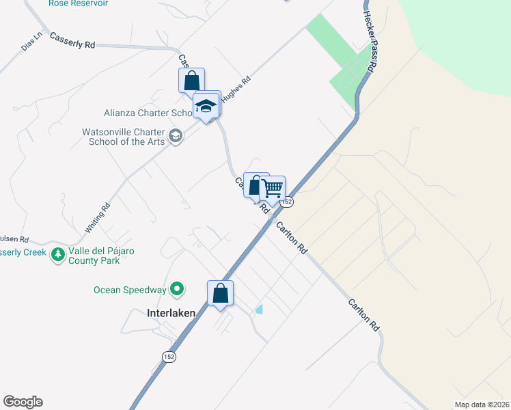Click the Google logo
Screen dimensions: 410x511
(x=23, y=402)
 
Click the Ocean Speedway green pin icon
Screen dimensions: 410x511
(x=177, y=290)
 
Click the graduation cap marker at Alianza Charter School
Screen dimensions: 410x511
(x=206, y=105)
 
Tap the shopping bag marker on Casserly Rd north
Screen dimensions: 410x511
(x=191, y=80)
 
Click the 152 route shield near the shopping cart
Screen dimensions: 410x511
(x=288, y=202)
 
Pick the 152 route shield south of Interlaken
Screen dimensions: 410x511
(x=169, y=356)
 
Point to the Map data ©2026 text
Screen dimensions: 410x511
(x=482, y=404)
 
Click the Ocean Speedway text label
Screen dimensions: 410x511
(x=130, y=290)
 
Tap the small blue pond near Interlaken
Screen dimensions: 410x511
(x=259, y=310)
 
